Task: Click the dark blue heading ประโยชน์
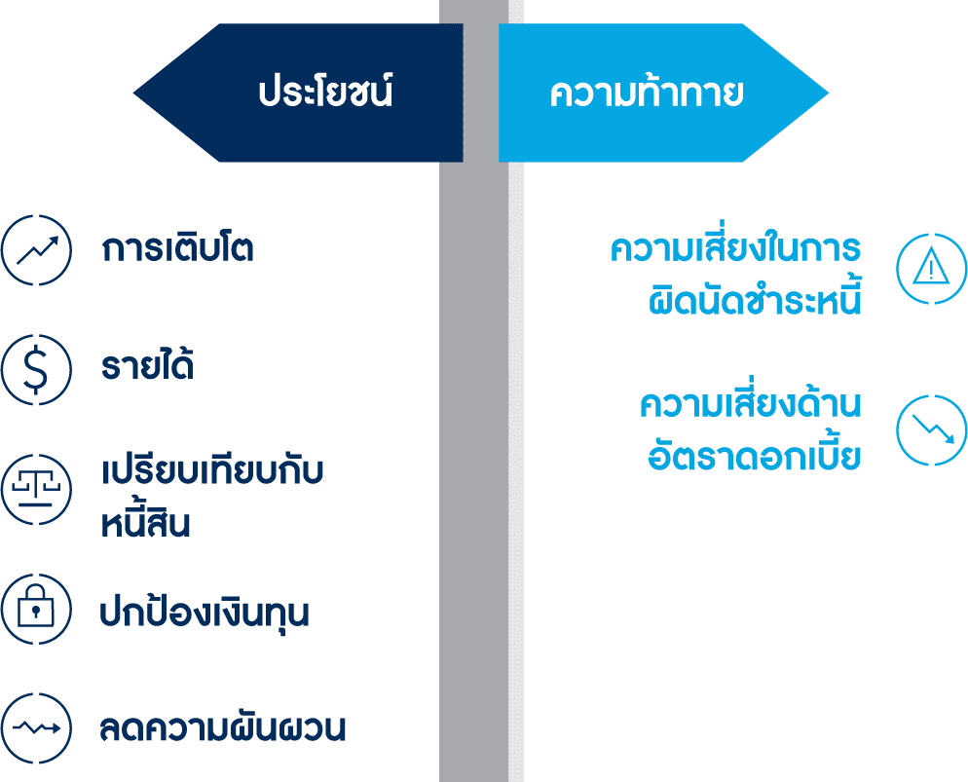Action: point(324,93)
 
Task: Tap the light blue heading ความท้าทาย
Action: point(647,93)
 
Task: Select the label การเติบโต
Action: point(177,249)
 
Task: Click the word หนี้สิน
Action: point(145,523)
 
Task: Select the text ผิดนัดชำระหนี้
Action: point(756,300)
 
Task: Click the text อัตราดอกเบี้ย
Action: point(755,456)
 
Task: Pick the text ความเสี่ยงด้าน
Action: point(751,403)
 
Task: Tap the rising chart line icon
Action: point(36,249)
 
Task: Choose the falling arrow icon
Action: point(931,428)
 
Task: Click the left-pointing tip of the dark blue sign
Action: point(138,94)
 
